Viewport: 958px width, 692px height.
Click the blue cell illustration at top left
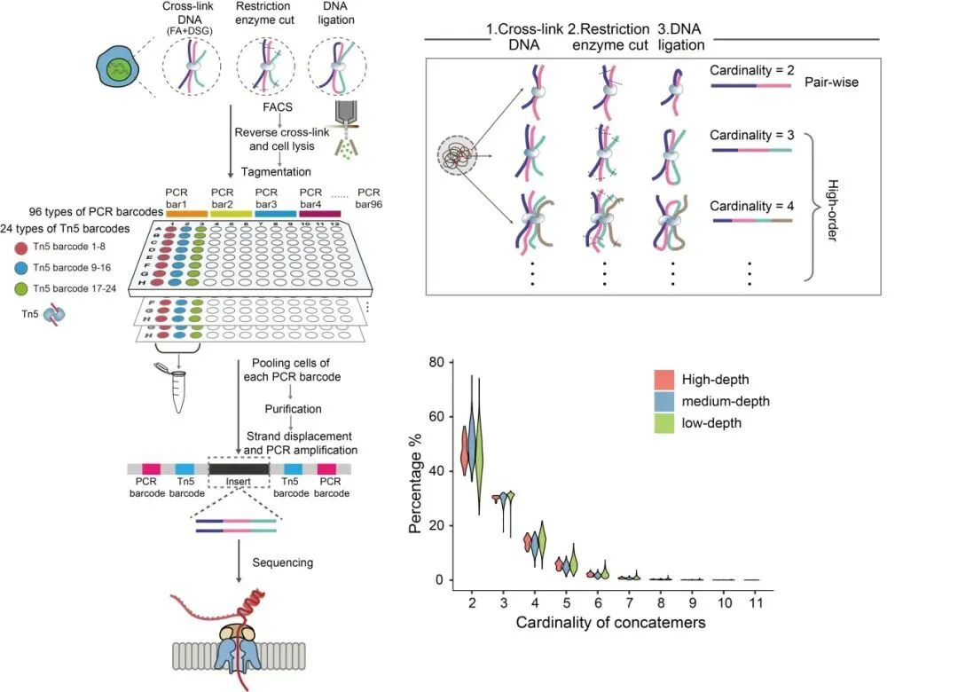pos(117,68)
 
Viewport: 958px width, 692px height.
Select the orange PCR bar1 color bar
pos(185,213)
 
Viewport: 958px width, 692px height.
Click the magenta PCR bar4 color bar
pos(319,213)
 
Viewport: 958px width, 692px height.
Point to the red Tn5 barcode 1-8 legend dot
pos(19,245)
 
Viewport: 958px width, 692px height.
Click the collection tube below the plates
pos(179,389)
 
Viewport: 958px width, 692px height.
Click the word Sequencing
pos(283,562)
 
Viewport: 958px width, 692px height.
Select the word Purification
pos(294,409)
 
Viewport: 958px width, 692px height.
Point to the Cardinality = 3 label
pos(752,136)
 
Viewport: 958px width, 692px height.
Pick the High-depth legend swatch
pos(664,381)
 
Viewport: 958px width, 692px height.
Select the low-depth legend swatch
pos(664,422)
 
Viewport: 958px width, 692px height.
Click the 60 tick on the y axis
pos(436,416)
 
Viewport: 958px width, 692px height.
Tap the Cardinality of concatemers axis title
pos(610,623)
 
